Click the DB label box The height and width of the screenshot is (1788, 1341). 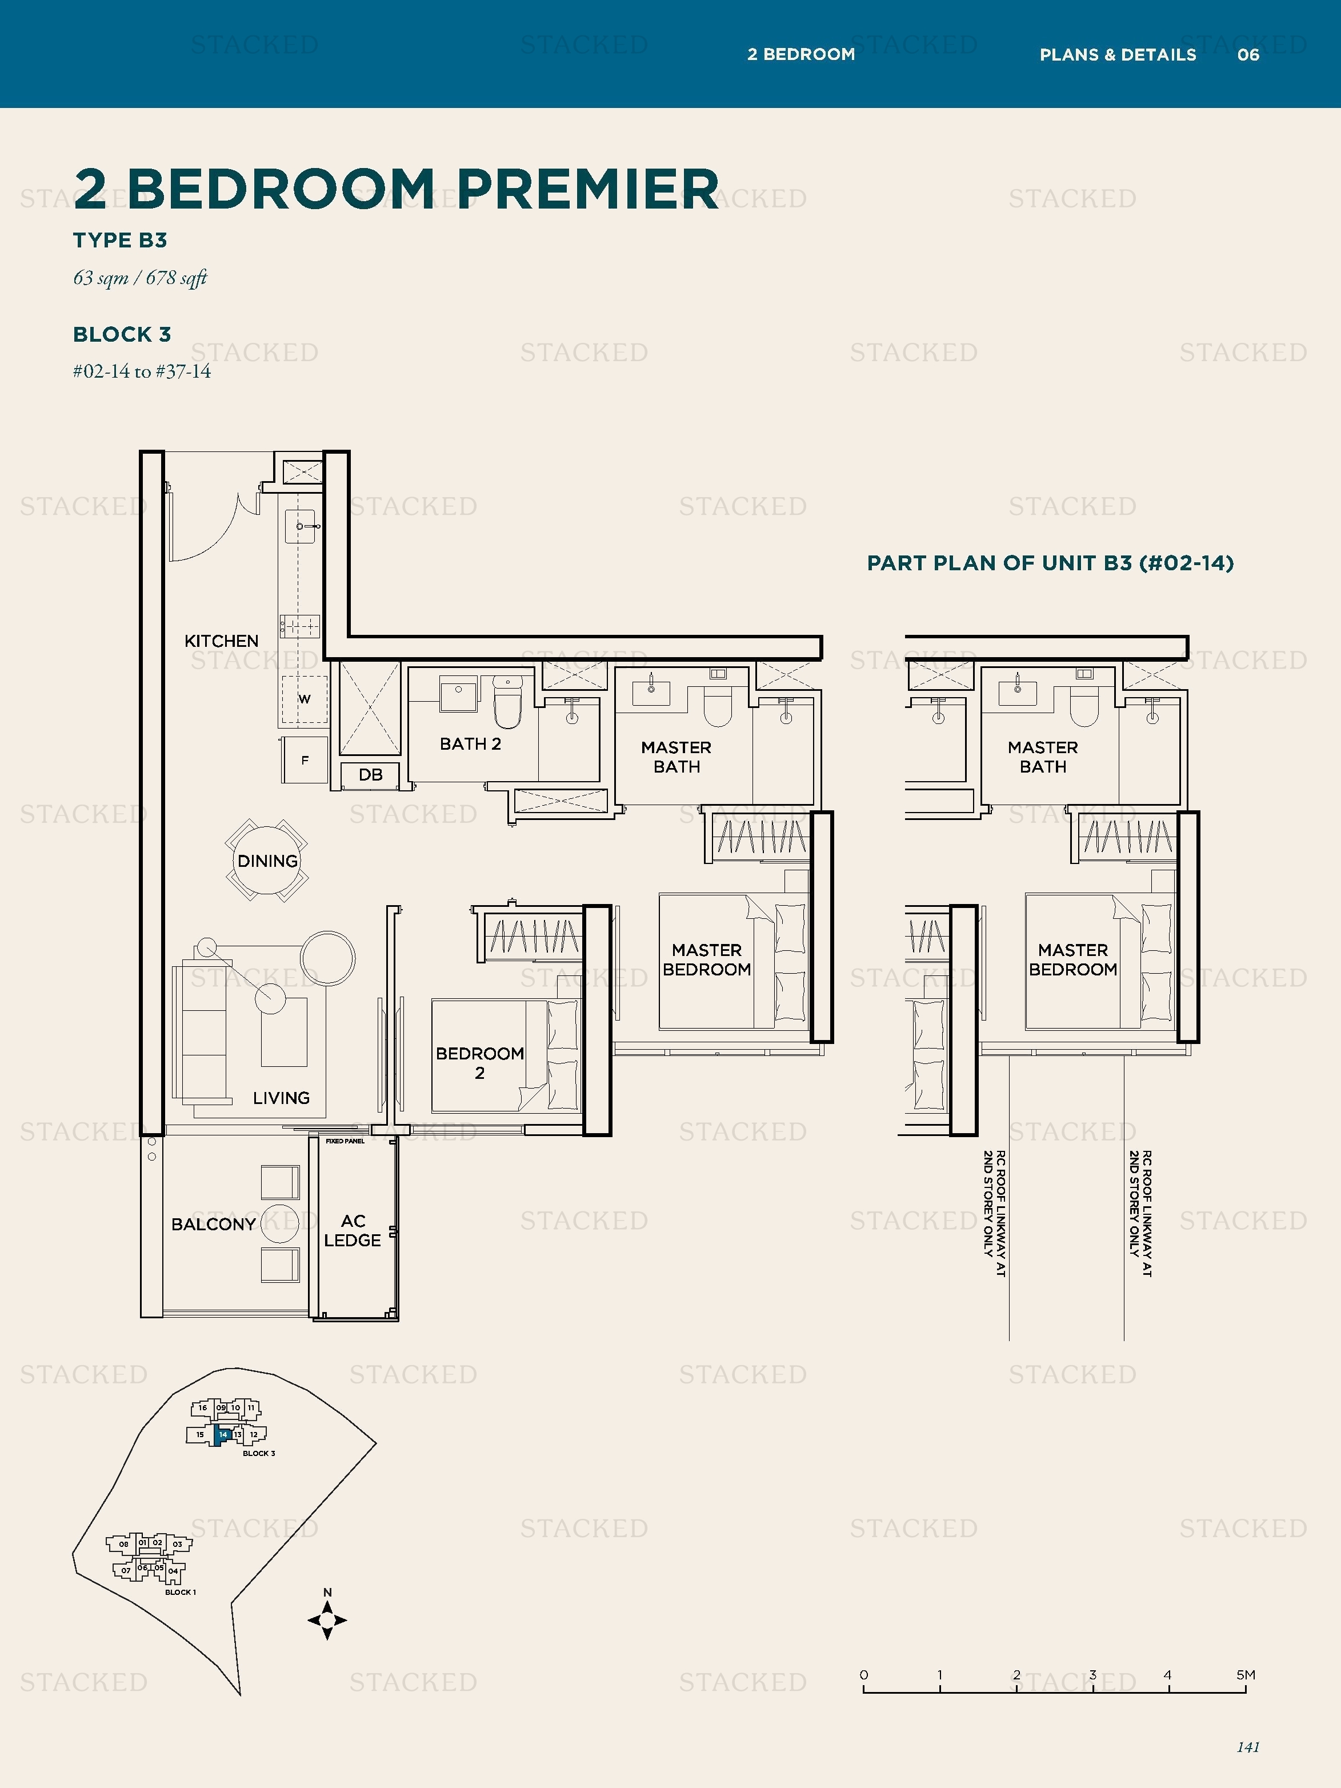370,774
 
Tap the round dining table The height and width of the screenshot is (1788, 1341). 267,860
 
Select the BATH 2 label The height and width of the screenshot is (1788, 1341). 470,743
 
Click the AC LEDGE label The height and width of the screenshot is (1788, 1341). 353,1230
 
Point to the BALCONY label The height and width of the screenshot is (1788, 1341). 213,1224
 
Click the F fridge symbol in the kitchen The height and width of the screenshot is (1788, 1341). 305,760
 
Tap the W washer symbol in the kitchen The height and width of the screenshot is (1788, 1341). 305,698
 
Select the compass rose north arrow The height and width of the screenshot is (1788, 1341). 327,1619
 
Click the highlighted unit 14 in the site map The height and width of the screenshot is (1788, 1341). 223,1435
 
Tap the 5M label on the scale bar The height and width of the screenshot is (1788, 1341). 1246,1675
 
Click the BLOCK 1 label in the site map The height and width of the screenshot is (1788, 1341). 180,1591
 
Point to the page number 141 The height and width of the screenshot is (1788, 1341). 1248,1747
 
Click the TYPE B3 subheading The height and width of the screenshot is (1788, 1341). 119,240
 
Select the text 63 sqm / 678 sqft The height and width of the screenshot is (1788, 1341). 140,278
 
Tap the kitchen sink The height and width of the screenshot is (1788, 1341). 300,526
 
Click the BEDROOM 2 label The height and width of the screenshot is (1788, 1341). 479,1063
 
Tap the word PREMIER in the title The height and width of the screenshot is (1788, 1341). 587,189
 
